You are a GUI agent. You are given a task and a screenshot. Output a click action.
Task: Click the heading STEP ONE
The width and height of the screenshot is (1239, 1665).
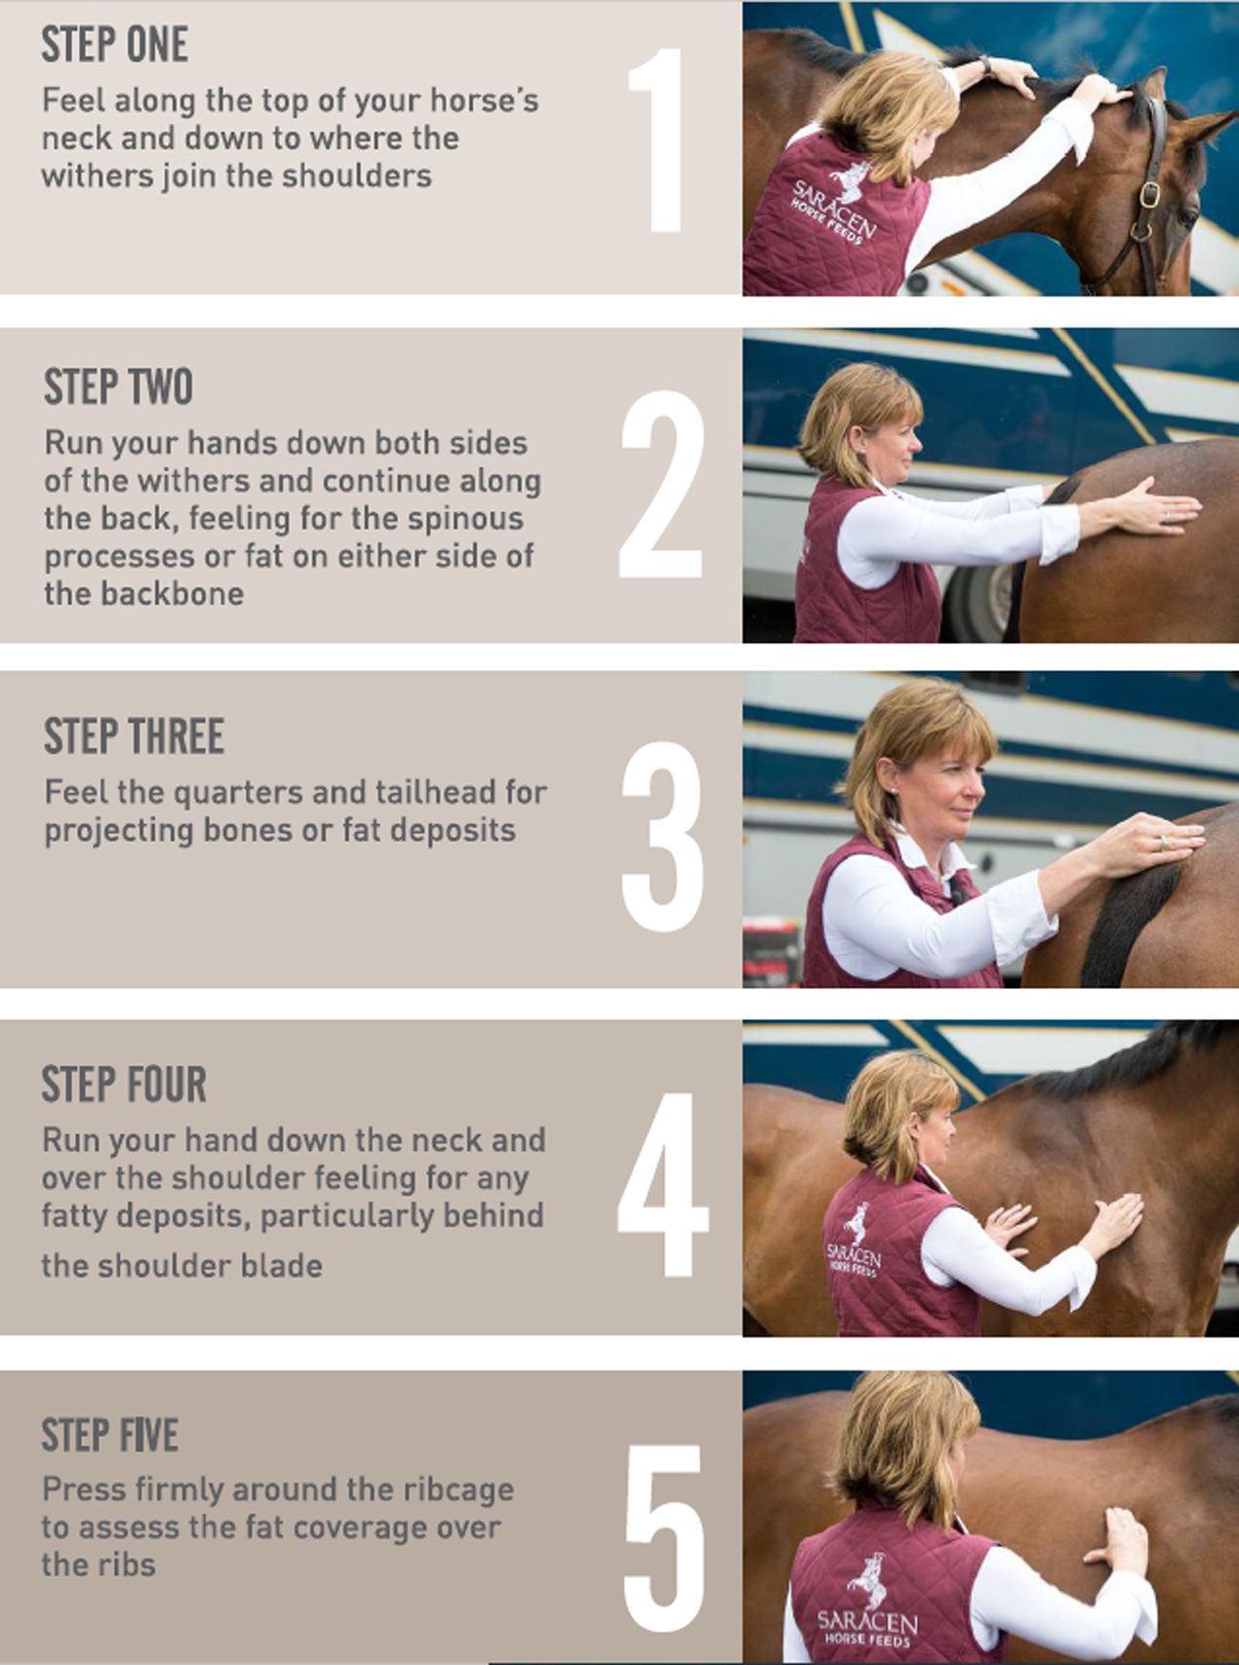click(115, 45)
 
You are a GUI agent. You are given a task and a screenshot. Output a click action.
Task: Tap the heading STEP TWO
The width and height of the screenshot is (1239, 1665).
click(118, 387)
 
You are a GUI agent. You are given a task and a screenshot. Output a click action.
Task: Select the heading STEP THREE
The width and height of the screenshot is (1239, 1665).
click(134, 736)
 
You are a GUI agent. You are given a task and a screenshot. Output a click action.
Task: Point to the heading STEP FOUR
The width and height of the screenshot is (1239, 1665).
click(124, 1085)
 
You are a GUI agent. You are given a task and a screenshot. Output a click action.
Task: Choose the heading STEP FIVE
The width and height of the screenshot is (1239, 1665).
click(109, 1435)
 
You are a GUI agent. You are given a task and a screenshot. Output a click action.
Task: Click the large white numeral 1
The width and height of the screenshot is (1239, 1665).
click(656, 140)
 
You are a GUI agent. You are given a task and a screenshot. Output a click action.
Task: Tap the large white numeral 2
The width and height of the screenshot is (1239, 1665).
click(661, 484)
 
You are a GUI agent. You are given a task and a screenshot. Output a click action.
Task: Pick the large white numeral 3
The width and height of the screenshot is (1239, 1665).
click(662, 836)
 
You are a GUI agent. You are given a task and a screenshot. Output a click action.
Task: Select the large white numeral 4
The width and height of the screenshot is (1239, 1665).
click(662, 1184)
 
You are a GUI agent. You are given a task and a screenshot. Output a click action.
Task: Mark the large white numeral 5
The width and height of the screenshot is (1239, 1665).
click(663, 1539)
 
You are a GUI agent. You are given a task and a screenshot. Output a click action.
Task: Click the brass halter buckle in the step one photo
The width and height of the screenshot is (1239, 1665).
click(1150, 195)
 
